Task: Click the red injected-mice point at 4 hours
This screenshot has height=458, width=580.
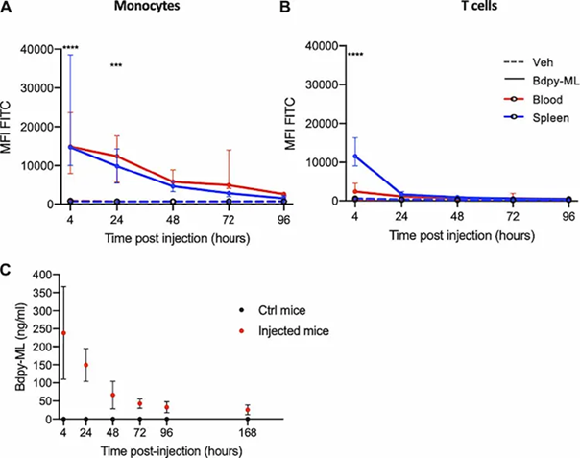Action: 64,333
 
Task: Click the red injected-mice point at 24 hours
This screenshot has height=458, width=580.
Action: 88,365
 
